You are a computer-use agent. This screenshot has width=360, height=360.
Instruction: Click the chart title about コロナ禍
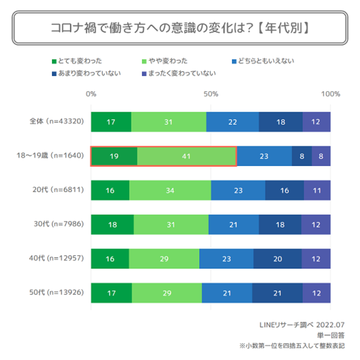(x=179, y=27)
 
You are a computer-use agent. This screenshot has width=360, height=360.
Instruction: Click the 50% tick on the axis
(x=210, y=94)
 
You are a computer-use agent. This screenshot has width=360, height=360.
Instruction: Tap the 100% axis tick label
(x=330, y=94)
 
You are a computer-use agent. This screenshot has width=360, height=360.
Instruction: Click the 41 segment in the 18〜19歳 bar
(x=187, y=156)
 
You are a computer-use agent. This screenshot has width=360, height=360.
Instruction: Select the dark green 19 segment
(x=114, y=156)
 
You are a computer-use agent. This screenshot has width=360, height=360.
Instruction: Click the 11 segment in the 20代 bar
(x=317, y=191)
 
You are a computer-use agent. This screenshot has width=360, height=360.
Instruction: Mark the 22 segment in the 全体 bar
(x=233, y=122)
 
